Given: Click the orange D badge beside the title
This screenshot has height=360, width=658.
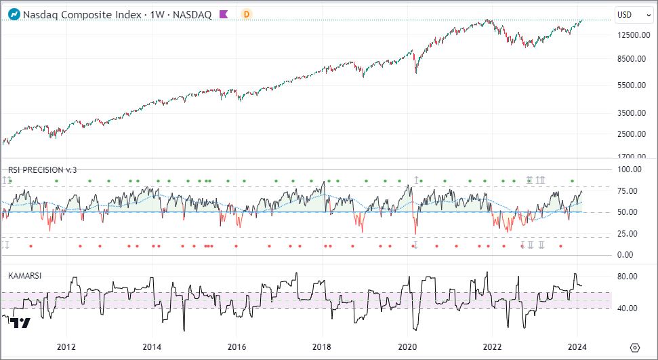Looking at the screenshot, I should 247,14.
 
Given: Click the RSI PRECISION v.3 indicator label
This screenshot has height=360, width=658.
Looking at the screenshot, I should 42,169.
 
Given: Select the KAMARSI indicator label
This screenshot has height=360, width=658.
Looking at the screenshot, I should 26,275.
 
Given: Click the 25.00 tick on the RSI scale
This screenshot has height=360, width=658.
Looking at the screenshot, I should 637,233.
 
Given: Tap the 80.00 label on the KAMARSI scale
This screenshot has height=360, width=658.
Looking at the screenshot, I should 637,277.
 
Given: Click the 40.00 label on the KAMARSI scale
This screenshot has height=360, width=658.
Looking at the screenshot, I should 637,308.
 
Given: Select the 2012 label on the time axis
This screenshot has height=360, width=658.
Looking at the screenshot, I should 66,346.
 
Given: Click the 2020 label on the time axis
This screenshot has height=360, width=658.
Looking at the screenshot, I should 407,346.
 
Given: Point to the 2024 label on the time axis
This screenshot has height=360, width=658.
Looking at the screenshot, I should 577,346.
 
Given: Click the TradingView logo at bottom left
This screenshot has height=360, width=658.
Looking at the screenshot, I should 21,323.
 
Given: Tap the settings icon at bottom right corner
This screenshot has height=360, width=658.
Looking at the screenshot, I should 634,346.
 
